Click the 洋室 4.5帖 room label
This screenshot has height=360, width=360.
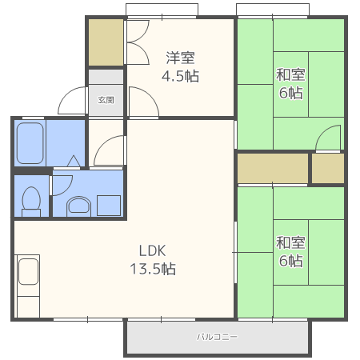(180, 66)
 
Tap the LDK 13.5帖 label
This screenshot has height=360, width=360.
(153, 259)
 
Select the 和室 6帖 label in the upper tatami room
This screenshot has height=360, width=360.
(290, 84)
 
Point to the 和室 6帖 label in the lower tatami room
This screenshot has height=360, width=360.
(290, 251)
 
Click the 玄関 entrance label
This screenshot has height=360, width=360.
(106, 100)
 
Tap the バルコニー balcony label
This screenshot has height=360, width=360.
(217, 337)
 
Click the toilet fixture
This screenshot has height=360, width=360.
(31, 202)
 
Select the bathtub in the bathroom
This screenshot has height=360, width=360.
(30, 143)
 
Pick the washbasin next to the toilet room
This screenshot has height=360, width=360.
(78, 206)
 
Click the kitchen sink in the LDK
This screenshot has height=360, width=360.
(28, 271)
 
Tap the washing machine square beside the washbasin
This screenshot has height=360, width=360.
(109, 206)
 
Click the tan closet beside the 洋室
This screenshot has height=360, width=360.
(106, 42)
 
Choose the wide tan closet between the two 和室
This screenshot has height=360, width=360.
(273, 168)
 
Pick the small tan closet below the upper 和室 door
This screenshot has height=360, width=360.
(328, 168)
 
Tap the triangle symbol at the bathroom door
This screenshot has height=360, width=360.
(74, 161)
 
